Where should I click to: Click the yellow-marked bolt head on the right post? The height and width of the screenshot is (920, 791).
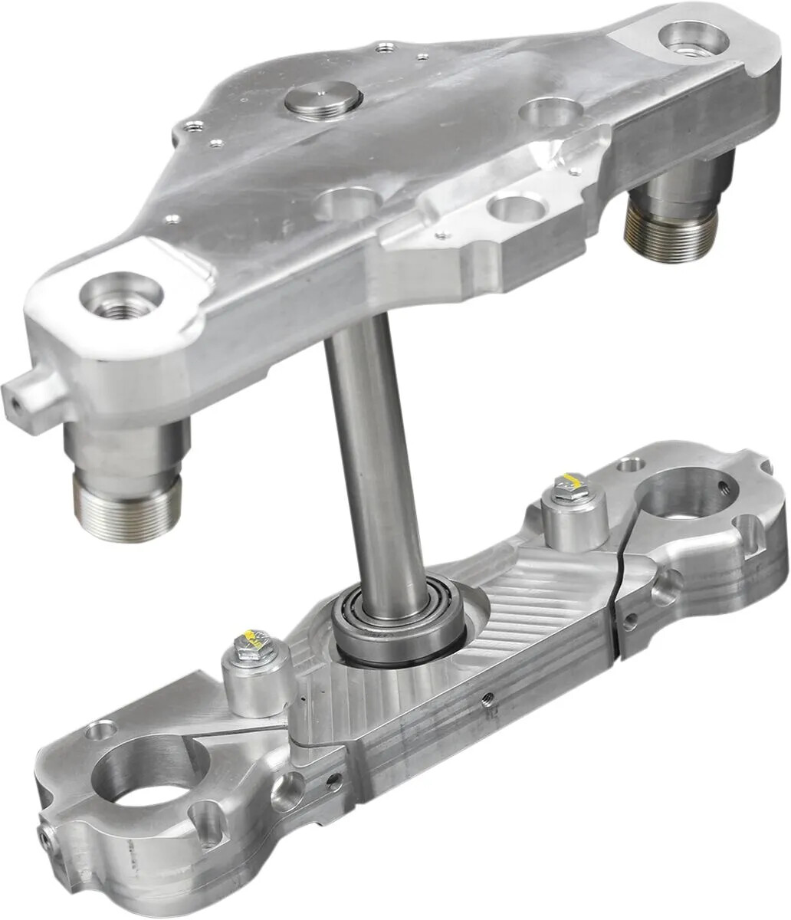tap(569, 485)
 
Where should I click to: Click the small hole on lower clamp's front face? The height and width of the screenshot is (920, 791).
tap(484, 698)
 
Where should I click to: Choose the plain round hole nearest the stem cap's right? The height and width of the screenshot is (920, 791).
tap(547, 112)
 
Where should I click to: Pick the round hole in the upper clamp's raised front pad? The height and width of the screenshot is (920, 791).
tap(514, 207)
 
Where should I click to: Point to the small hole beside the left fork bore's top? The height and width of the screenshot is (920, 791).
tap(97, 731)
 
